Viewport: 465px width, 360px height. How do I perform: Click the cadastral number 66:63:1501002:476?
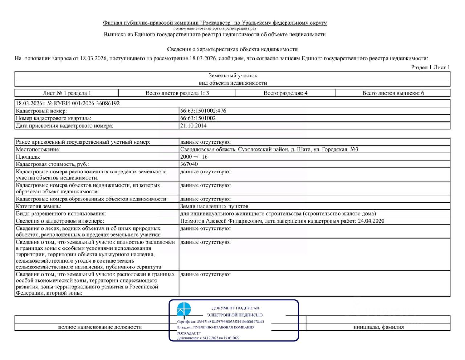tap(203, 111)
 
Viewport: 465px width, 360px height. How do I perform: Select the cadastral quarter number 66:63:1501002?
tap(198, 118)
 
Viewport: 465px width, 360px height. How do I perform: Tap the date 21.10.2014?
tap(193, 126)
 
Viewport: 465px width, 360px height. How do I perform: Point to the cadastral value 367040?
tap(189, 164)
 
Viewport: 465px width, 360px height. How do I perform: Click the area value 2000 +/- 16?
tap(194, 157)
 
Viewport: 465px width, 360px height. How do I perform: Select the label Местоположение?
tap(38, 149)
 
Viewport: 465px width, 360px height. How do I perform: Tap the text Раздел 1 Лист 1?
tap(430, 67)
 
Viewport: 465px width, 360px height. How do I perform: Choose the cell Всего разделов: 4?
tap(286, 93)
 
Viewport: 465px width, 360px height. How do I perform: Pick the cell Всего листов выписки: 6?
tap(393, 93)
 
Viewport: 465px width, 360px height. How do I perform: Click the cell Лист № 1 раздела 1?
tap(67, 93)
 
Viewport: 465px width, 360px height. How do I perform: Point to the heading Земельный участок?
tap(233, 76)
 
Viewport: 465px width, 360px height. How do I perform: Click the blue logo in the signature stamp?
tap(184, 309)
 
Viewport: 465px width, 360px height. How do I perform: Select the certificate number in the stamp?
tap(230, 321)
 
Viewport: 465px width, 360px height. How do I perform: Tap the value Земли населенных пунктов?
tap(214, 206)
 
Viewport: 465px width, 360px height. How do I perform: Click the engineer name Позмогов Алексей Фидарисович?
tap(221, 221)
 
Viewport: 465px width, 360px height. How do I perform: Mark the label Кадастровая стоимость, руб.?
tap(52, 164)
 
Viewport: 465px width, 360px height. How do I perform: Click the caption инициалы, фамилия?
tap(379, 327)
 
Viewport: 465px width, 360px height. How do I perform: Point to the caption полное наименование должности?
tap(100, 327)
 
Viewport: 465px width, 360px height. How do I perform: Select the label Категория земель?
tap(39, 206)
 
